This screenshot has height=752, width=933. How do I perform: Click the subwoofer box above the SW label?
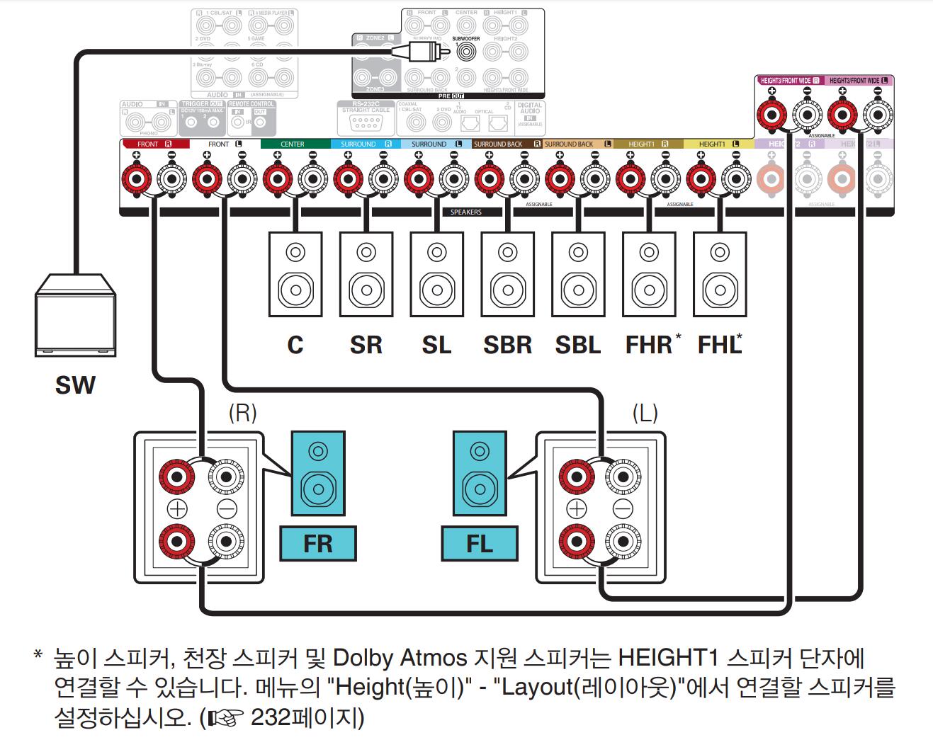(x=75, y=316)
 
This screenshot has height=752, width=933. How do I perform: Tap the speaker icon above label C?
(x=295, y=273)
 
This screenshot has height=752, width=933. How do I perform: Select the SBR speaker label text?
(x=507, y=345)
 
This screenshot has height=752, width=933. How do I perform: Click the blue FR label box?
(x=317, y=544)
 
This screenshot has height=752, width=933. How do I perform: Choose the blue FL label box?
(x=480, y=544)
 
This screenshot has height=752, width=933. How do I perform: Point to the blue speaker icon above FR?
(x=317, y=474)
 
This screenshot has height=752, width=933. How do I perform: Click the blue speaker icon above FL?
(x=480, y=474)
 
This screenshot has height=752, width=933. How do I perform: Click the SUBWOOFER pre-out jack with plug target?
(x=466, y=51)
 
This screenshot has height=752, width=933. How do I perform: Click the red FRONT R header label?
(x=154, y=144)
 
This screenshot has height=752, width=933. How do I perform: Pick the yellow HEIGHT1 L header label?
(x=718, y=144)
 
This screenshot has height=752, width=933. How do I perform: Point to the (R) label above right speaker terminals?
(x=242, y=412)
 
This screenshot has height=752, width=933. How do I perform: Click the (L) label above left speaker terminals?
(x=645, y=412)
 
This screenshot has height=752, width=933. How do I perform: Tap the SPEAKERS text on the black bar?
(x=465, y=212)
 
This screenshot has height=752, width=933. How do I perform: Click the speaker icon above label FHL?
(x=719, y=273)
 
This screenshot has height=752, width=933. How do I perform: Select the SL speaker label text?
(x=436, y=345)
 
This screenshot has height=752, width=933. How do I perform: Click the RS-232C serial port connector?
(x=366, y=123)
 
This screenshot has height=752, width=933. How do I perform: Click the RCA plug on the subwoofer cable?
(x=425, y=51)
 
